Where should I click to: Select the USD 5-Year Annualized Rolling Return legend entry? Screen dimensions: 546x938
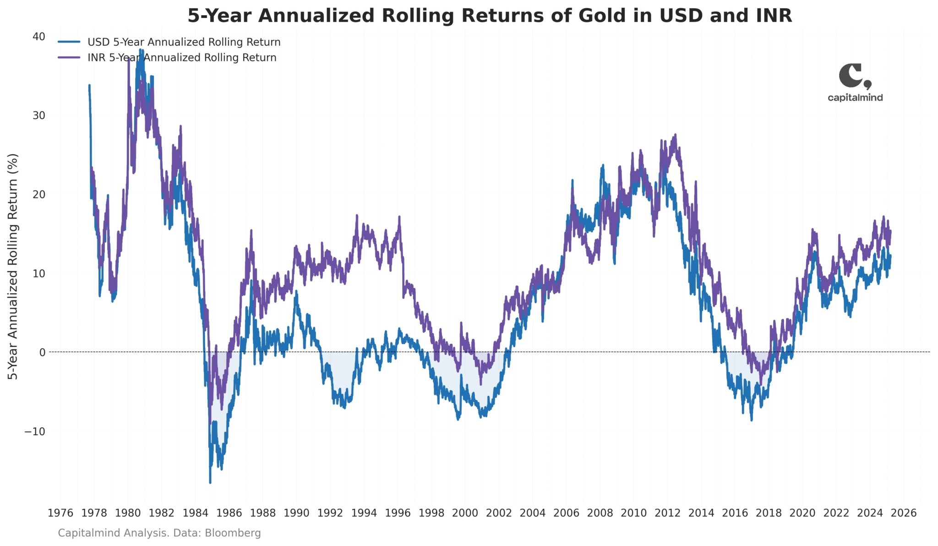click(184, 42)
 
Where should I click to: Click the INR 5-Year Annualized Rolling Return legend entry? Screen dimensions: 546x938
click(182, 58)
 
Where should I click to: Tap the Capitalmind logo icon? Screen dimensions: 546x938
click(854, 76)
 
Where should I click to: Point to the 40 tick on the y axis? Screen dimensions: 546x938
click(39, 36)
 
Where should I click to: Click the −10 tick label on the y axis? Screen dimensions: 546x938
click(35, 431)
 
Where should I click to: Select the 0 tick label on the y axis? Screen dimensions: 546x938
click(42, 352)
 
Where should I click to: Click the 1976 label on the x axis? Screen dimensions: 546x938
click(60, 513)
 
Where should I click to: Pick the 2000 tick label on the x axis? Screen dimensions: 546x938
click(465, 513)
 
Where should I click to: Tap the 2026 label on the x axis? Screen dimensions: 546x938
click(904, 513)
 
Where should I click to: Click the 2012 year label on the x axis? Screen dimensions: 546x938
click(667, 513)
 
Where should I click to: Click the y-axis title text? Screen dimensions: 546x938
click(13, 266)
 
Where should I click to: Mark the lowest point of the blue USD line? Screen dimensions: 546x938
click(210, 482)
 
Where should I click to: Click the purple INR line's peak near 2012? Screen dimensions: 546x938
click(675, 135)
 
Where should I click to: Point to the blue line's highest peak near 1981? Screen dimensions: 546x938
click(140, 50)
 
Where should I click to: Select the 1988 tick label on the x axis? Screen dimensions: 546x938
click(263, 513)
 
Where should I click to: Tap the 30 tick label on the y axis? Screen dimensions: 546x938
click(39, 115)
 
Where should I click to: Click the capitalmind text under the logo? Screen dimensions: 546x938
click(855, 98)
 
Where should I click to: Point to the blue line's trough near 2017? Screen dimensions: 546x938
click(752, 420)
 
